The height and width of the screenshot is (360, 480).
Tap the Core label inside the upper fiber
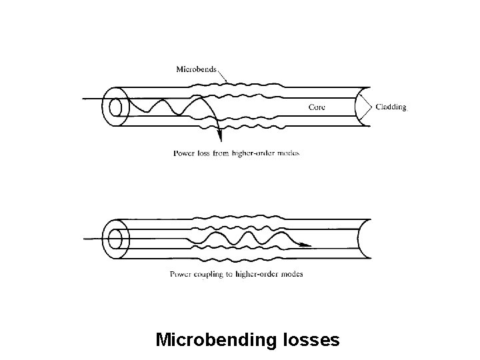(x=317, y=107)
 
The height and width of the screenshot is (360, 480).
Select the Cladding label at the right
(x=391, y=106)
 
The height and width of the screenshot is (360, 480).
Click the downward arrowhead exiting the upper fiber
(x=221, y=141)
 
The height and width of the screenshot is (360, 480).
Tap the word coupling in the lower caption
(x=205, y=274)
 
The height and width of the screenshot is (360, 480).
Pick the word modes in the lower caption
(x=291, y=274)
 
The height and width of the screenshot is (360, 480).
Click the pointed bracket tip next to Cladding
(x=371, y=106)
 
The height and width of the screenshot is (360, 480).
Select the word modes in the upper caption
(x=289, y=153)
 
